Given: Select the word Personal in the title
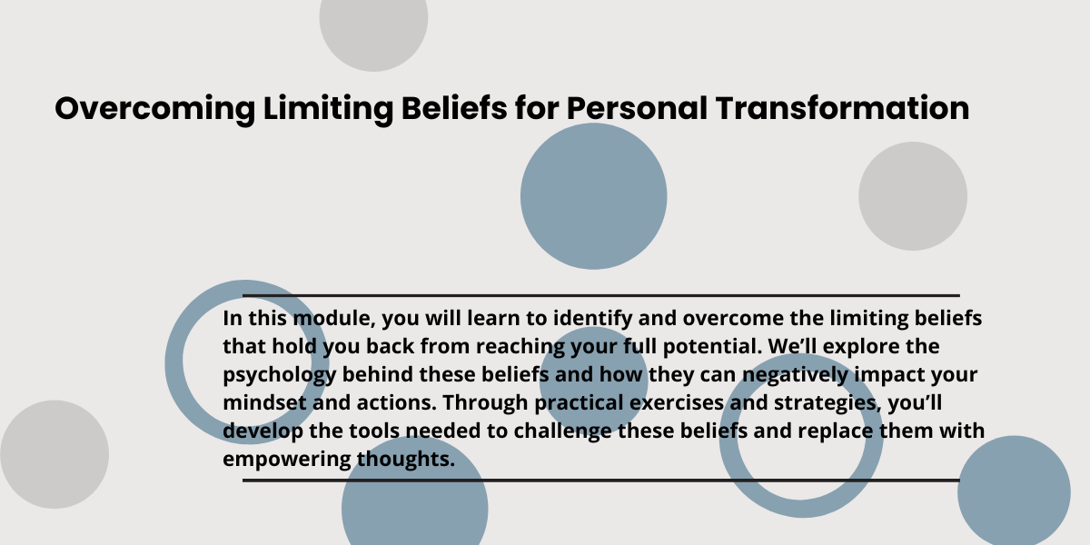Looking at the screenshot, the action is coord(637,107).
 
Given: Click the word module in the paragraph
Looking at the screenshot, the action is coord(334,318).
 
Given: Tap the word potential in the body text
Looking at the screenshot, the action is coord(712,347).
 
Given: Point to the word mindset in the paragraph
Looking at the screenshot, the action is coord(264,403).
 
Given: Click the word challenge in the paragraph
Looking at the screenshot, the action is coord(562,432).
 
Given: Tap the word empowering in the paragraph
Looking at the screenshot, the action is coord(287,461).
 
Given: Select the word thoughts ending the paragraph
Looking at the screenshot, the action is coord(406,461).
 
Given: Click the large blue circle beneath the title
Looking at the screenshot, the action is coord(594,196).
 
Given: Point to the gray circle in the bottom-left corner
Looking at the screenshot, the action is coord(54,454).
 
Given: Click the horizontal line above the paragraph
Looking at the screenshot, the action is coord(601,295).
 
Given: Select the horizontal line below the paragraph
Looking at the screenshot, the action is coord(601,481).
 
